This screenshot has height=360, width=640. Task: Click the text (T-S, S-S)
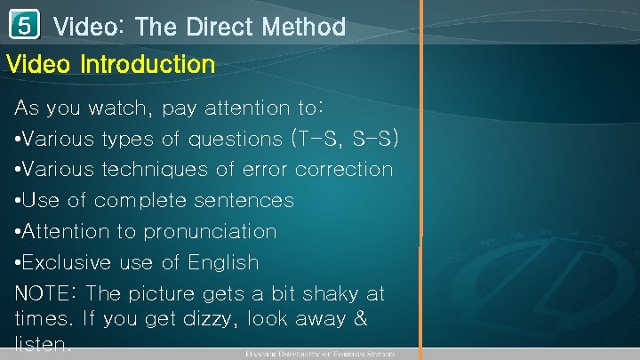(344, 139)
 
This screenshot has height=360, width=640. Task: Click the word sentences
(248, 200)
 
